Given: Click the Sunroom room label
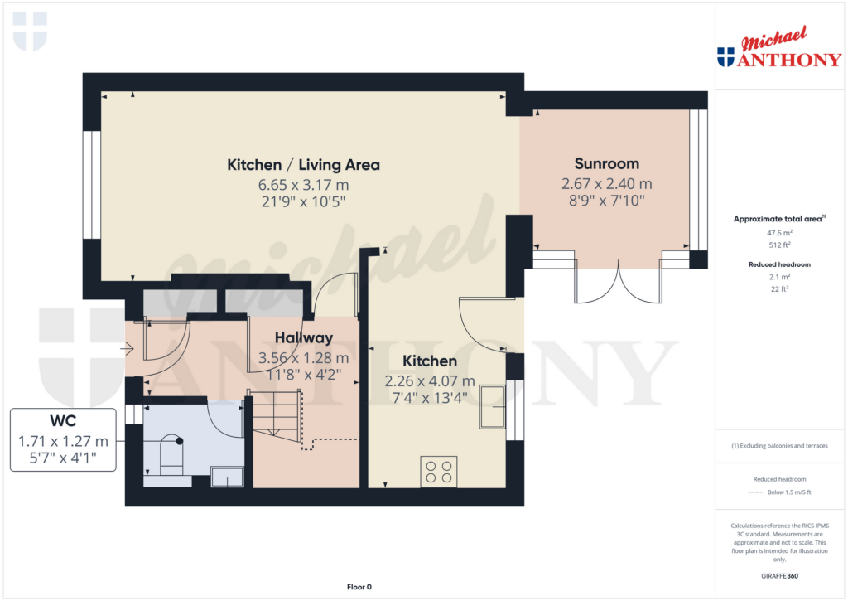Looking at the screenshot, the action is [x=607, y=163].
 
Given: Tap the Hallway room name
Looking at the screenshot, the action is [x=303, y=338].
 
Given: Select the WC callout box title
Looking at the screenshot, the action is [x=63, y=421].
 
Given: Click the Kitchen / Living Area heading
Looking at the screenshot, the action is [x=303, y=165].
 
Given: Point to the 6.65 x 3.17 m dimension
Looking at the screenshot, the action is [x=303, y=185].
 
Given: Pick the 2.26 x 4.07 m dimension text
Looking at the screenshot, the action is [x=430, y=381].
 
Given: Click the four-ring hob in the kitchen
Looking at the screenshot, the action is [x=439, y=472].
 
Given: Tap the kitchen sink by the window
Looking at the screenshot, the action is [x=492, y=407].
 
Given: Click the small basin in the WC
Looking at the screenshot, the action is [x=227, y=477].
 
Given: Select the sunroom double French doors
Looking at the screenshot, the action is [x=618, y=282].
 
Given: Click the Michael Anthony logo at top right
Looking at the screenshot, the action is [x=779, y=47].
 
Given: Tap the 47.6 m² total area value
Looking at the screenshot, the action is [x=779, y=233].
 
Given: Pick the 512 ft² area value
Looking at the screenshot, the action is [x=779, y=245].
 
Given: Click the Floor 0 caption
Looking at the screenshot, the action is [x=359, y=587].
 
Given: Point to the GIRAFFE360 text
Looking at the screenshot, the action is [x=779, y=576].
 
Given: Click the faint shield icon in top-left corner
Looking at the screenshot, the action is [x=31, y=32].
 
